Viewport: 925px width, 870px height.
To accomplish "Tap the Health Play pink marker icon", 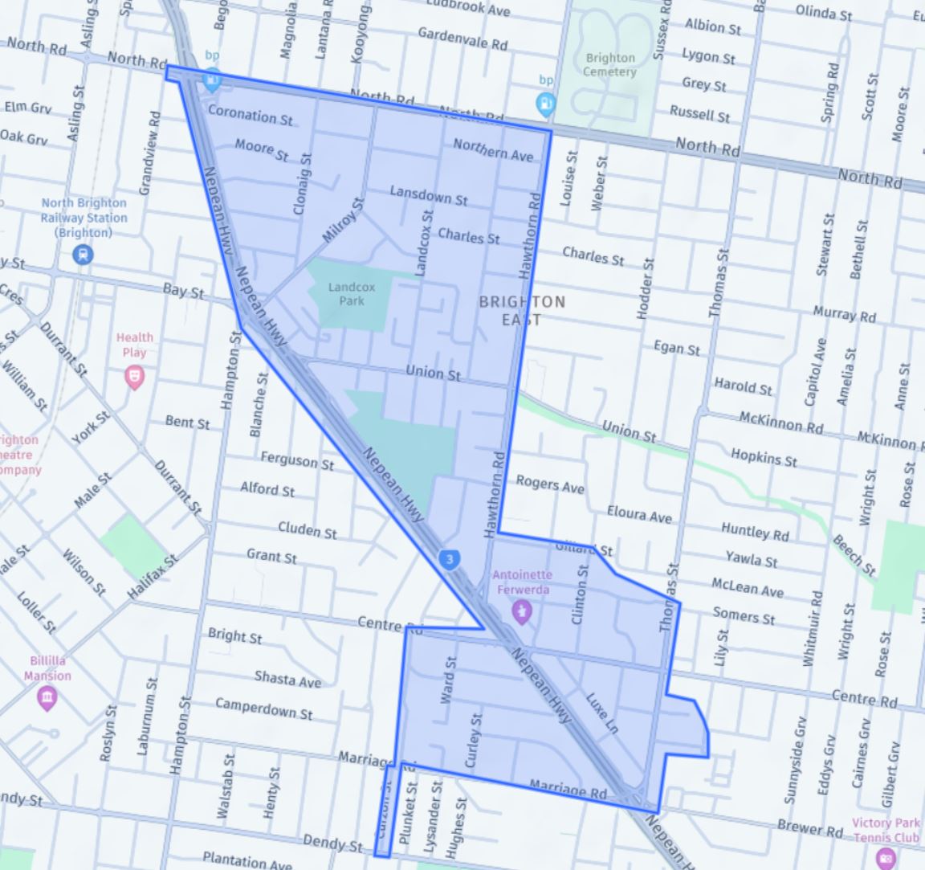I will tap(135, 376).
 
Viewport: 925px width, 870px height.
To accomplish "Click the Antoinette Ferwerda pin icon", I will tap(523, 613).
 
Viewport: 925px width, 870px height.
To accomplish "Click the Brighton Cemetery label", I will tap(610, 64).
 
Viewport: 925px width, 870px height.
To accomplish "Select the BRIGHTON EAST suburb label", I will tap(522, 310).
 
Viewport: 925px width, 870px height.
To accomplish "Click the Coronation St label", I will tap(250, 115).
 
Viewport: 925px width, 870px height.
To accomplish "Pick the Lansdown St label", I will tap(429, 195).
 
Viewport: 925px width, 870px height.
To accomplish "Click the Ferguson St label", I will tap(297, 460).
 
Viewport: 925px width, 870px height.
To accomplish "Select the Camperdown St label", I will tap(264, 708).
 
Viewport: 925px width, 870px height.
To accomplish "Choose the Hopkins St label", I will tap(764, 458).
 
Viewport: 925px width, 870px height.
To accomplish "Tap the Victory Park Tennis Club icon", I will tap(886, 857).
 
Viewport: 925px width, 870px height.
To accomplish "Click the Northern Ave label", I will tap(493, 149).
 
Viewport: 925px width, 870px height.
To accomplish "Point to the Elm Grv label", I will tap(28, 107).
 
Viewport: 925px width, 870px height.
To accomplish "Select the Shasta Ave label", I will tap(287, 680).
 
